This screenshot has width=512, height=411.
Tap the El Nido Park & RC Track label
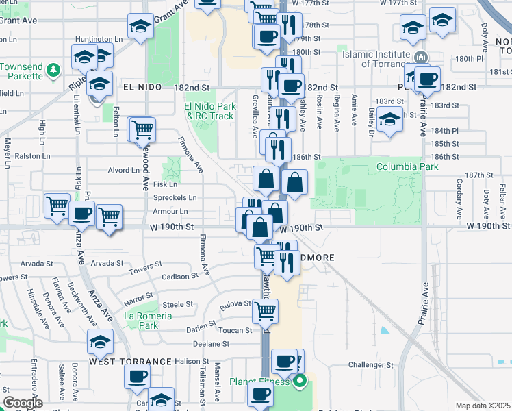tap(210, 111)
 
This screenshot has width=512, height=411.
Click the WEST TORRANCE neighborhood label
tap(129, 361)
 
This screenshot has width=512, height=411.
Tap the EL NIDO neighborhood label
tap(142, 87)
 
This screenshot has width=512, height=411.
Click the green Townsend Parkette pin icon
tap(54, 70)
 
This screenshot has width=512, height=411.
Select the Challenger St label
tap(370, 365)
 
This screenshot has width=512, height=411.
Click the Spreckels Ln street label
tap(175, 197)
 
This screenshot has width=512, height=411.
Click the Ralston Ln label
tap(33, 156)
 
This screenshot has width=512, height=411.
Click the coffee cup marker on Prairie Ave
tap(428, 79)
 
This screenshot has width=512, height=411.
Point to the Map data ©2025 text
tap(483, 406)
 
